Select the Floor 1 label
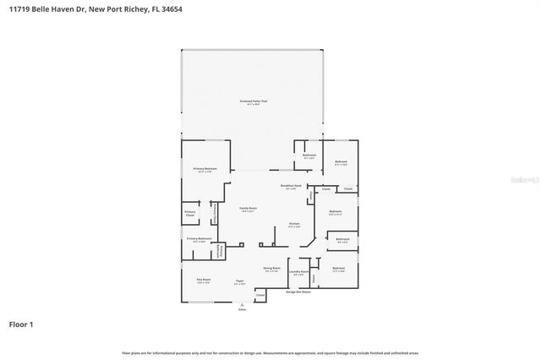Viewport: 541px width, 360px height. (22, 324)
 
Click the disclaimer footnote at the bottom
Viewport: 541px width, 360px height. (270, 352)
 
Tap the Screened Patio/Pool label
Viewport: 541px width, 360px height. (252, 101)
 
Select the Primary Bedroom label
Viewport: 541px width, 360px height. (205, 169)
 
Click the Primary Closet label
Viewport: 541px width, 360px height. (189, 215)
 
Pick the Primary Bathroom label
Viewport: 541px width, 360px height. (199, 239)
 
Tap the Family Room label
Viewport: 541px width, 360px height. (248, 208)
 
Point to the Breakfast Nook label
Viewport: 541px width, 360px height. (292, 186)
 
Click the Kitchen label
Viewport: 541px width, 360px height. (294, 225)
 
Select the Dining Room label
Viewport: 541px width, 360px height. (271, 268)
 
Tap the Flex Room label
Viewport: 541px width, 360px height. (204, 281)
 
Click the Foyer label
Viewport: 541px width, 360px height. (240, 281)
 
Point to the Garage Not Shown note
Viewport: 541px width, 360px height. (298, 292)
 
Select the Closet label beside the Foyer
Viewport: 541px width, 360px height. (260, 296)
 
